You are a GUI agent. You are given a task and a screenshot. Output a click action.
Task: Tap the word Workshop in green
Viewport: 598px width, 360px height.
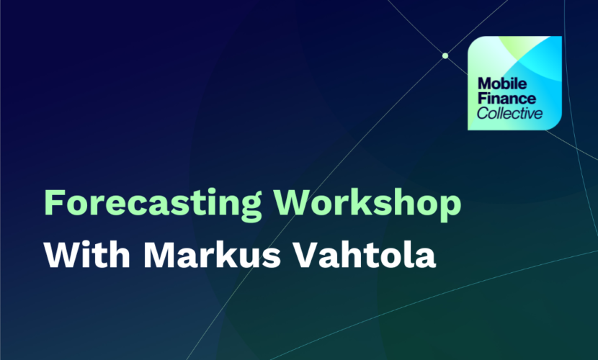click(367, 202)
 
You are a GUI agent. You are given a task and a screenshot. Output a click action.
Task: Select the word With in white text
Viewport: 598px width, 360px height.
click(87, 254)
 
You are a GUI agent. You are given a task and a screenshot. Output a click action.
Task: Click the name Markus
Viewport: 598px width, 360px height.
click(212, 254)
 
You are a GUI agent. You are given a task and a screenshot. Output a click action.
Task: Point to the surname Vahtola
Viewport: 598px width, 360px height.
click(365, 254)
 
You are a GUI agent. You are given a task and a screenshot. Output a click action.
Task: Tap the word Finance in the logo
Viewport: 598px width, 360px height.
click(506, 99)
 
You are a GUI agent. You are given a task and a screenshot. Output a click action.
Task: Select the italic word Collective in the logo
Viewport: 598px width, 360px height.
click(509, 113)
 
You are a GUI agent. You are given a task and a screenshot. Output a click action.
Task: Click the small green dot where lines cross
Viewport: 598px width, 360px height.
click(445, 55)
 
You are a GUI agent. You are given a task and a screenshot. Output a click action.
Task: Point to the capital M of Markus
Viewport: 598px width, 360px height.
click(159, 254)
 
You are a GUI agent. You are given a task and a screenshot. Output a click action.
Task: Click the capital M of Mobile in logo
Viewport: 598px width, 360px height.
click(484, 84)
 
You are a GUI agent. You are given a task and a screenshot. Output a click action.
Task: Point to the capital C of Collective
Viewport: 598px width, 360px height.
click(483, 113)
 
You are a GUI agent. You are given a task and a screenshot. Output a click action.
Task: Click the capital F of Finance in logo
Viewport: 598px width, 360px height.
click(482, 99)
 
